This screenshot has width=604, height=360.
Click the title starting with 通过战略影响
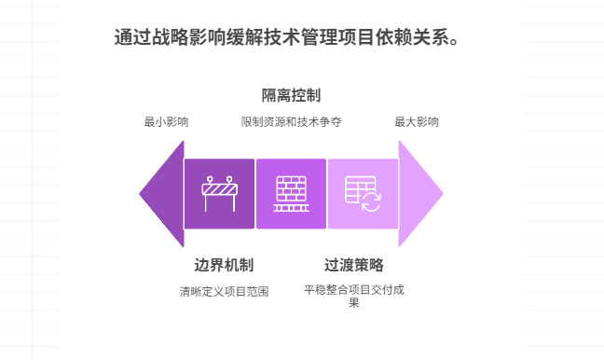[x=286, y=38]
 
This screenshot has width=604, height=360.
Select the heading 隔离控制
[x=291, y=95]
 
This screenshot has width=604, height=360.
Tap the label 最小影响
[x=166, y=121]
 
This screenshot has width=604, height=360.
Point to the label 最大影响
[x=417, y=121]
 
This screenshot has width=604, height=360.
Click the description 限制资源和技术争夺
[x=291, y=121]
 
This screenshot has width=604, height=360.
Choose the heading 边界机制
[x=224, y=264]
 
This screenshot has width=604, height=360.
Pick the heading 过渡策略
[x=353, y=264]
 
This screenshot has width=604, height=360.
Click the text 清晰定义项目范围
[x=224, y=291]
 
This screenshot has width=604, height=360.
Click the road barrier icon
[x=220, y=194]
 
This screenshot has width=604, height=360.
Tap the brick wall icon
[x=291, y=194]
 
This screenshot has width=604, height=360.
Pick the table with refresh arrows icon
[x=363, y=194]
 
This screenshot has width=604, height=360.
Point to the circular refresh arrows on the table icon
[x=371, y=202]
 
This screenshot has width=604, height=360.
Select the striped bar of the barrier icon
[x=220, y=190]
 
